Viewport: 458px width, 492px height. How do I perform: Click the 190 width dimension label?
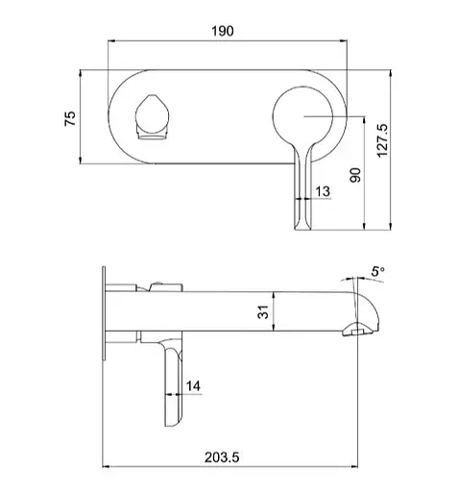pyautogui.click(x=223, y=31)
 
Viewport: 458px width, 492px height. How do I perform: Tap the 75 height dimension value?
pyautogui.click(x=70, y=118)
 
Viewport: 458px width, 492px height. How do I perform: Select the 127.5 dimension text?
pyautogui.click(x=382, y=140)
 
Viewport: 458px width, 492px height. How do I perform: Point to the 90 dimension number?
pyautogui.click(x=355, y=175)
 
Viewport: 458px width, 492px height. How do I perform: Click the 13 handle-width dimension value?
pyautogui.click(x=323, y=191)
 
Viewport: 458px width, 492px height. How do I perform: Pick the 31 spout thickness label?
pyautogui.click(x=263, y=312)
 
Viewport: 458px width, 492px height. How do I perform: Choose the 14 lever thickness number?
pyautogui.click(x=193, y=386)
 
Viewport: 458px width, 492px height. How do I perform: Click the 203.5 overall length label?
pyautogui.click(x=222, y=457)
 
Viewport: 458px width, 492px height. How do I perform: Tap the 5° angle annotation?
pyautogui.click(x=377, y=272)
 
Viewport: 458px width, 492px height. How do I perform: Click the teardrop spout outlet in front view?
pyautogui.click(x=152, y=117)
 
